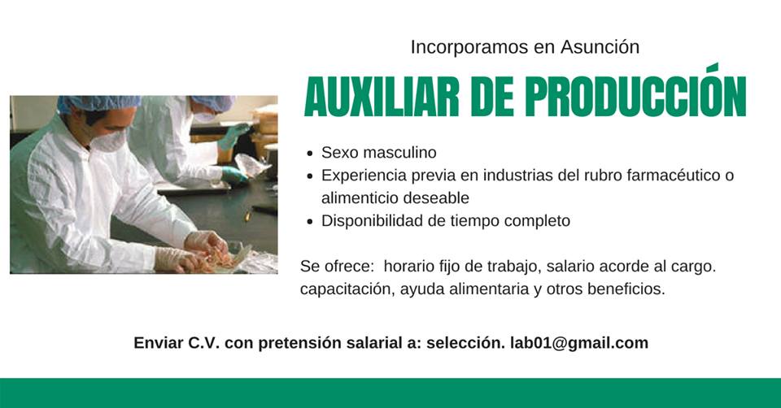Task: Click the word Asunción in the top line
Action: (x=600, y=47)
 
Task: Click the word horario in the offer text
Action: (x=408, y=266)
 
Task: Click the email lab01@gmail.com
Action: (x=579, y=343)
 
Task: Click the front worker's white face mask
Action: (x=110, y=140)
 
